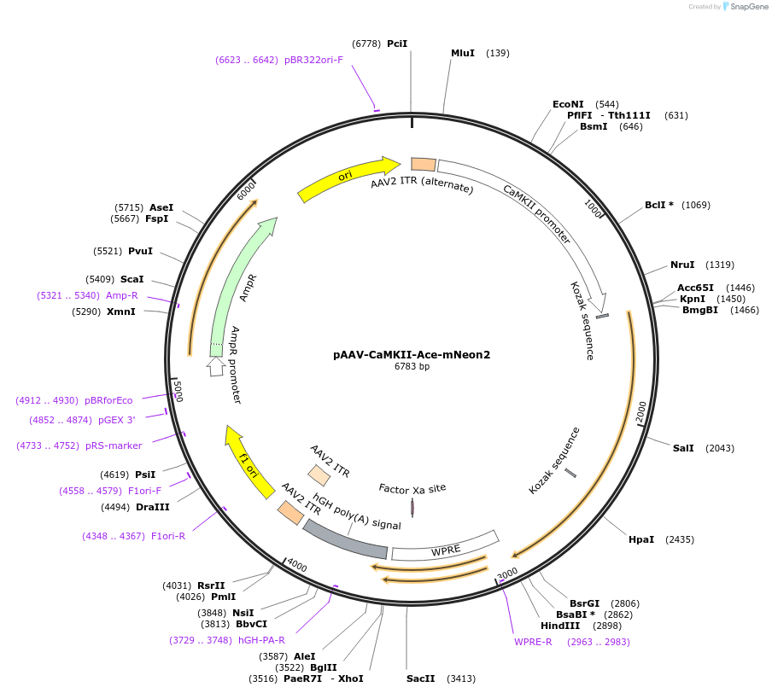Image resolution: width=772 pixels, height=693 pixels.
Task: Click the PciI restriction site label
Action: (397, 44)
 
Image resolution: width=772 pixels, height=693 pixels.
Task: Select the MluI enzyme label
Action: (463, 53)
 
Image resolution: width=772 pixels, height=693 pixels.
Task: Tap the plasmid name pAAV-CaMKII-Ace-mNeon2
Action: (412, 354)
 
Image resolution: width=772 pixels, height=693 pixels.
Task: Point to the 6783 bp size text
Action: (412, 366)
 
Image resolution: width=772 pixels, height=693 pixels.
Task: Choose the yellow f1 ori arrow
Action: (247, 462)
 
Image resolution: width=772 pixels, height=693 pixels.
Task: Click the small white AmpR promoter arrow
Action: (216, 366)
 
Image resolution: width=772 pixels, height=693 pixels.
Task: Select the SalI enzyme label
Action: (683, 448)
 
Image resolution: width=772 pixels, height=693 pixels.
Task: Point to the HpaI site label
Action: (641, 539)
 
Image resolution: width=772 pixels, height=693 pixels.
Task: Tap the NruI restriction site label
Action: (682, 265)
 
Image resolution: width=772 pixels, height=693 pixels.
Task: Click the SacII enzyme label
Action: (421, 679)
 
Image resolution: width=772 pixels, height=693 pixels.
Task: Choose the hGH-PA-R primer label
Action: (261, 640)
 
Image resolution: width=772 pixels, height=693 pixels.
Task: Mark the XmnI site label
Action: (121, 312)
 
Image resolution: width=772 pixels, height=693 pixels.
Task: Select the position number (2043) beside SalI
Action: (720, 448)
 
